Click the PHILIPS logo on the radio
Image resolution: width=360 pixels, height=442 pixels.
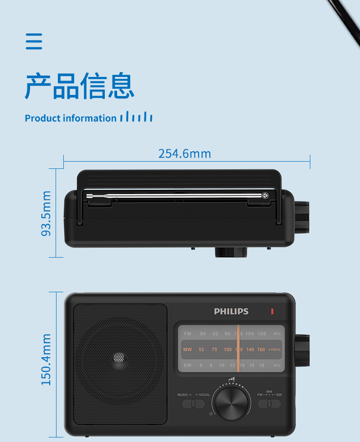point(231,311)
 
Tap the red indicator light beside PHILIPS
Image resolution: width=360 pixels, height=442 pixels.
point(272,311)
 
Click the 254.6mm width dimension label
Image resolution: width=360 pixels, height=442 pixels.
point(185,153)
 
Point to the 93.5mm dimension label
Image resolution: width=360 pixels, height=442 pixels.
point(46,213)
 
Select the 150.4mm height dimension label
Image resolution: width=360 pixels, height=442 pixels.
point(46,359)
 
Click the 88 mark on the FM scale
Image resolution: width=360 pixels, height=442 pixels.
point(203,334)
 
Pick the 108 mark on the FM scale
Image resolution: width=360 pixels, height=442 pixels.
point(262,334)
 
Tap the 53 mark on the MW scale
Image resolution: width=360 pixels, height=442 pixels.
point(201,350)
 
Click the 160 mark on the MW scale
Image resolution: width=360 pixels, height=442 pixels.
point(261,350)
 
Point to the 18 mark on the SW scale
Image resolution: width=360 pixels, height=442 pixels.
point(262,365)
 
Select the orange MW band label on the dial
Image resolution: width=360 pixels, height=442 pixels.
point(187,350)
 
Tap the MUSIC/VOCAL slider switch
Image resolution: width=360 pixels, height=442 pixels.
point(193,403)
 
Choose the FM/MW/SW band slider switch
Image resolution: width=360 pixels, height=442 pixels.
point(269,403)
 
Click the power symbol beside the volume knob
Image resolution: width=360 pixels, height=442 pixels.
point(211,413)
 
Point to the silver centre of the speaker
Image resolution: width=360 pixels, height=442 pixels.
point(118,360)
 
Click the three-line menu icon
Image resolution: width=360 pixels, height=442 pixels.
point(34,41)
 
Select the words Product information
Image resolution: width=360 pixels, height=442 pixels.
point(71,118)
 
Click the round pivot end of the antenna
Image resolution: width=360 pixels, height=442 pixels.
point(265,196)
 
